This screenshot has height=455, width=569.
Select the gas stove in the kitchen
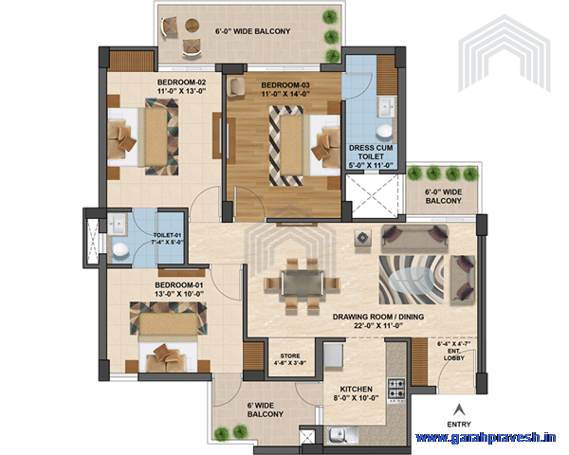(396, 387)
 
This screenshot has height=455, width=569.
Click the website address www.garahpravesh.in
(486, 438)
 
